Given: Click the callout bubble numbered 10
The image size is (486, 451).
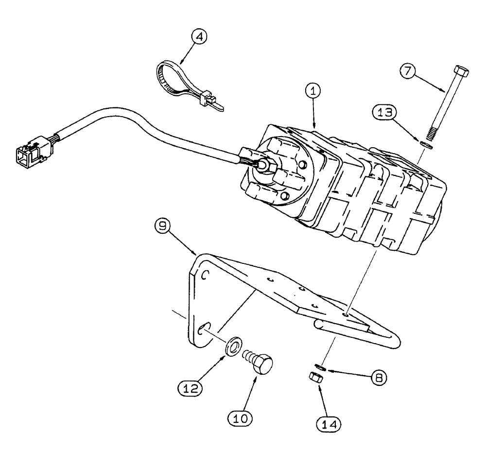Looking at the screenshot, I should click(x=240, y=416).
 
